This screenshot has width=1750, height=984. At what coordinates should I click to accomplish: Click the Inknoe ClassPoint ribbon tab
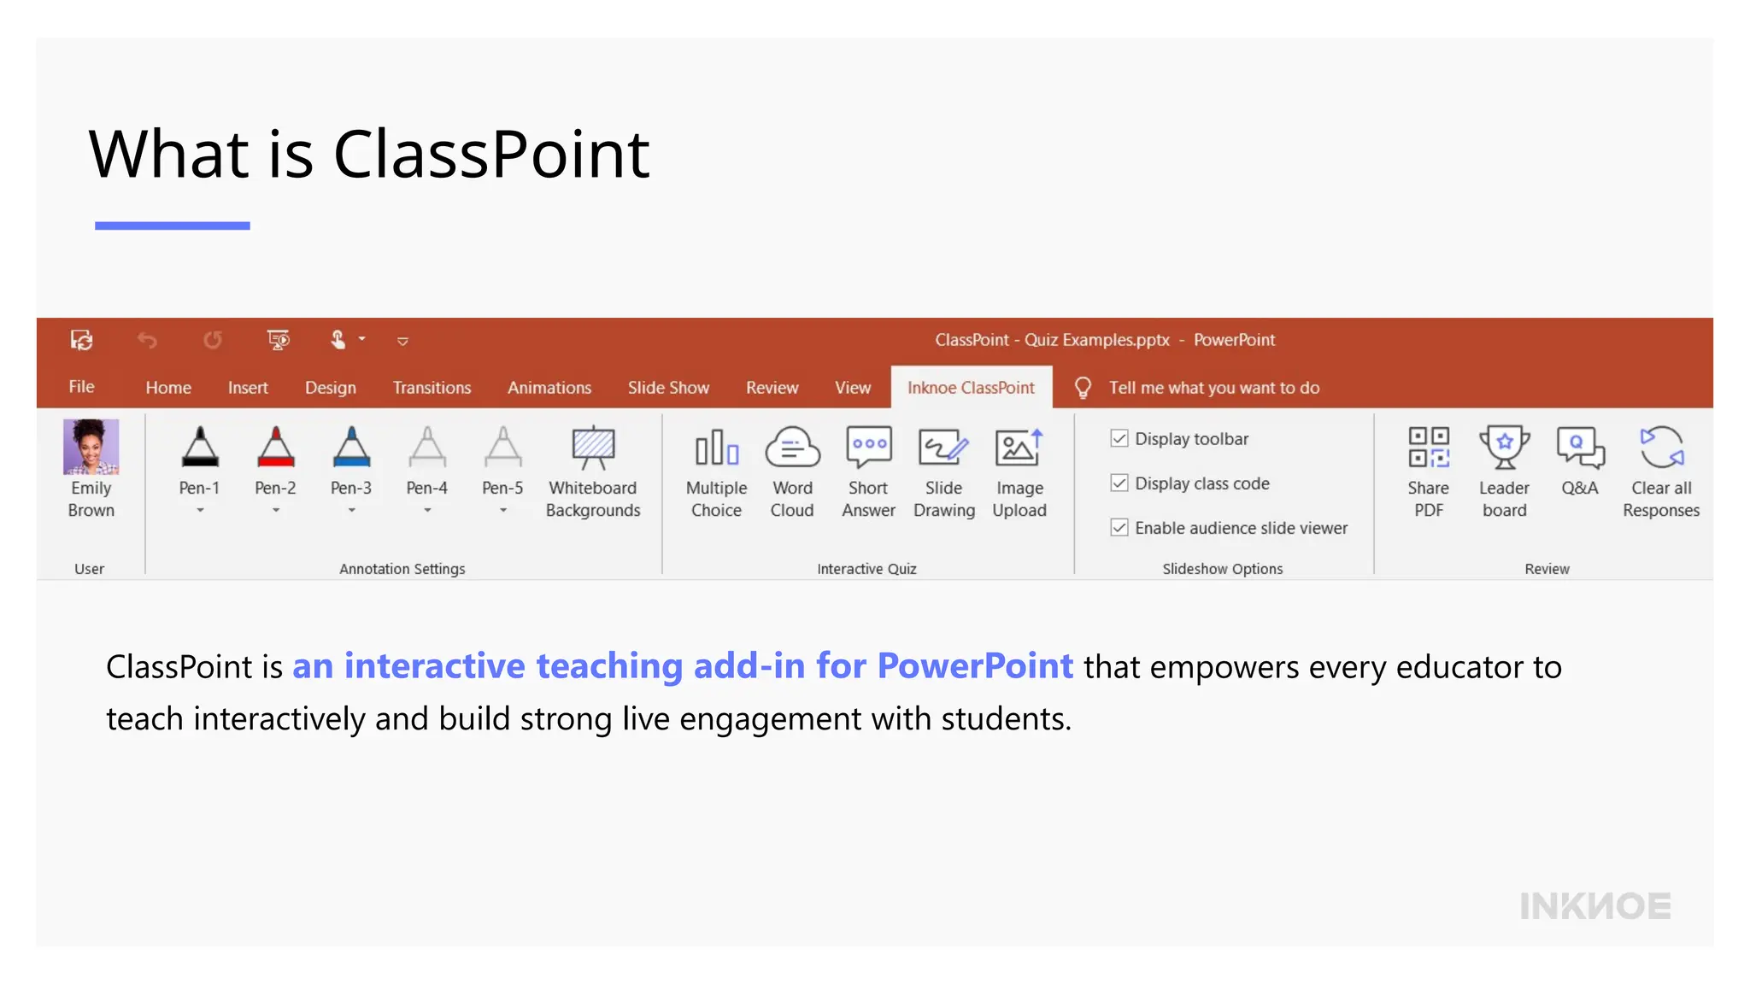971,388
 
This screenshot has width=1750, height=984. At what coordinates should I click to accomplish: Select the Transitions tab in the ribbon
432,388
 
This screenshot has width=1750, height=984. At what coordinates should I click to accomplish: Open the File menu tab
81,387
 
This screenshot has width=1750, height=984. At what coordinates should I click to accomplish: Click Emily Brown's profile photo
91,447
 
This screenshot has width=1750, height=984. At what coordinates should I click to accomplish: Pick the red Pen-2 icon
275,448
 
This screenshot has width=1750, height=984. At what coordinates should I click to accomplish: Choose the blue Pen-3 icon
351,448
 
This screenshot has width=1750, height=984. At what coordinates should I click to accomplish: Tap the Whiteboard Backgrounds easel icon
593,448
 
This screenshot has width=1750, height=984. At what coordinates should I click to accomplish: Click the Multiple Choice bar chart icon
716,448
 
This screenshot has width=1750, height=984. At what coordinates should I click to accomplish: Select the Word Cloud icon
792,448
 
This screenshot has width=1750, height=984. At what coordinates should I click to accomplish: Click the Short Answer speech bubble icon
868,448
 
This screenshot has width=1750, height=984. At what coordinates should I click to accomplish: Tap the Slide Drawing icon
943,448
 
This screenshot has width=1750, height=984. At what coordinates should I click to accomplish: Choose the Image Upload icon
1019,448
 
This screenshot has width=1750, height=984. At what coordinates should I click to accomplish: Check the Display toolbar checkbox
1119,439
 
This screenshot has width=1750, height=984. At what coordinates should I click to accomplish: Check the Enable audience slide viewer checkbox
1119,528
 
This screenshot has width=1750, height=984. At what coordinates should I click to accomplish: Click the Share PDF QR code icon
1429,448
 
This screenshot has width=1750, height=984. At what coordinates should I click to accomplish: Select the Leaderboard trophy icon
1504,448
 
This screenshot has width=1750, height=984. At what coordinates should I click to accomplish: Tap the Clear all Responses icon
1661,448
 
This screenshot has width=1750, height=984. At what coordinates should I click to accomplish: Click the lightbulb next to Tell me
1083,388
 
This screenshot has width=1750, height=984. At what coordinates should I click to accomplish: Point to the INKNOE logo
1594,906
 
